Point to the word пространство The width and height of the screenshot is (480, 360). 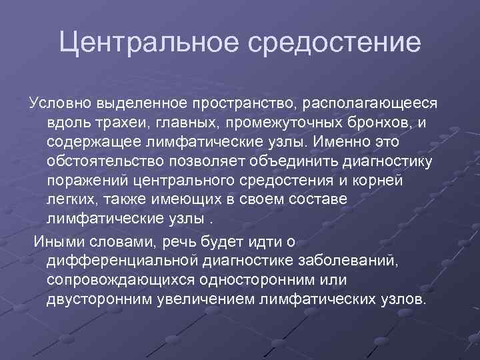[243, 105]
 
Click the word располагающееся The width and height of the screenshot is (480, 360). [371, 105]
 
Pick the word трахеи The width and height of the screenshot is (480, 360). [119, 124]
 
